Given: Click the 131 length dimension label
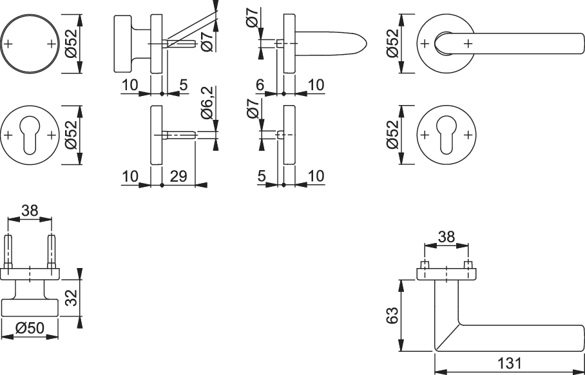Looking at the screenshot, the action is click(509, 363).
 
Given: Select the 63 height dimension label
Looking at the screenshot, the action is click(392, 315).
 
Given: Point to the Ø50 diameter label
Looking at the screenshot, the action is click(30, 328).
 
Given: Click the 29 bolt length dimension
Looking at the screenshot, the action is click(178, 176).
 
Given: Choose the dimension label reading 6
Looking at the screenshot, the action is click(260, 85).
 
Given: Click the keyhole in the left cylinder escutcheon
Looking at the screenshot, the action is click(30, 135).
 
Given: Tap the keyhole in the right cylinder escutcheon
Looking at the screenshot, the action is click(446, 135).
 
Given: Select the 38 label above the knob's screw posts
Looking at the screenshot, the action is click(30, 211).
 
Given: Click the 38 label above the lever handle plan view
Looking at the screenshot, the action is click(446, 236).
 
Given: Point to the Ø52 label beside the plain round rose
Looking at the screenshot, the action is click(71, 43).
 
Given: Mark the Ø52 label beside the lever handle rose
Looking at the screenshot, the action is click(392, 43).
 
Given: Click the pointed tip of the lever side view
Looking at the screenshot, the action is click(367, 44).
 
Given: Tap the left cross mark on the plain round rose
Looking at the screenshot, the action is click(8, 44).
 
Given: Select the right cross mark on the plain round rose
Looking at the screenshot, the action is click(52, 44).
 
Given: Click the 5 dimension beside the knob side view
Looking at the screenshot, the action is click(183, 85).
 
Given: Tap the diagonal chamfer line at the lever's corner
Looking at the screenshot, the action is click(448, 338).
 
